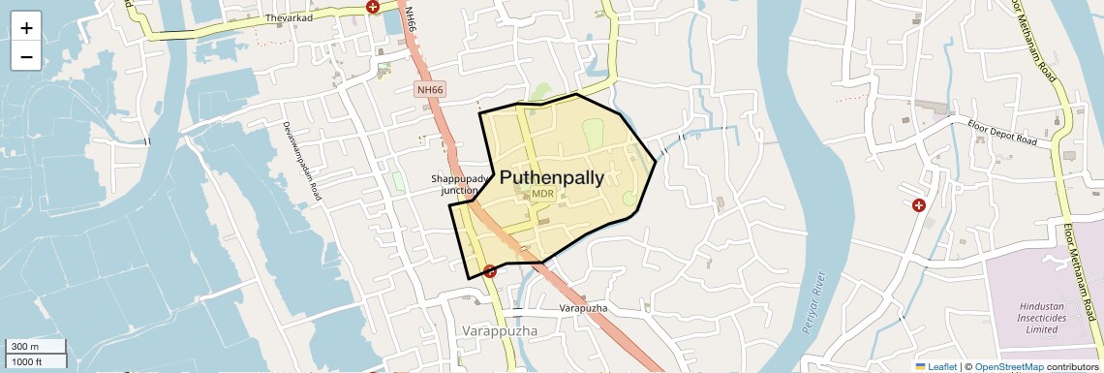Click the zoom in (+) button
click(x=26, y=27)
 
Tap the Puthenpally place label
click(x=551, y=177)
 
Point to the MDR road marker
click(x=542, y=194)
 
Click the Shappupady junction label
click(x=455, y=184)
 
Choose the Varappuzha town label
click(x=499, y=331)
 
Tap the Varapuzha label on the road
click(x=583, y=308)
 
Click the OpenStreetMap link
click(x=1009, y=366)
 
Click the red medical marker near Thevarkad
click(x=373, y=7)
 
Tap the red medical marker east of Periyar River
click(x=918, y=205)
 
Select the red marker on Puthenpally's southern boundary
click(x=491, y=271)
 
